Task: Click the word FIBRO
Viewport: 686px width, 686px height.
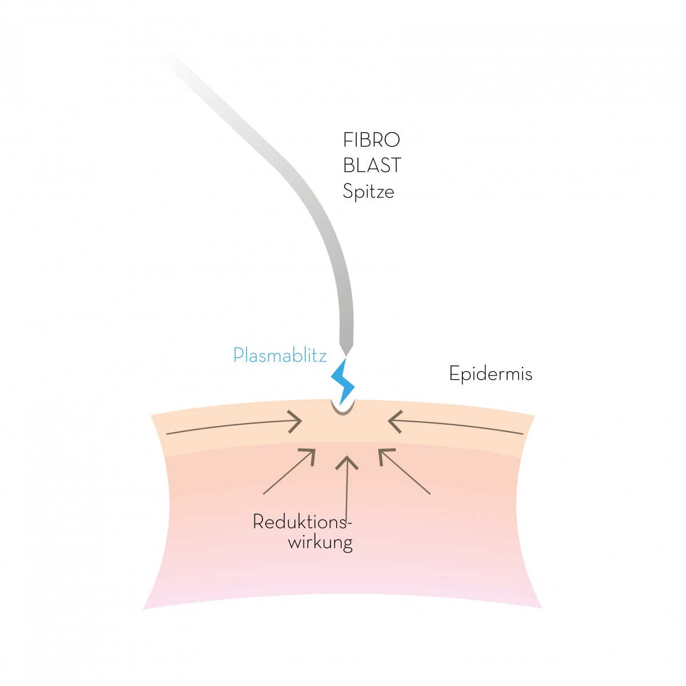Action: [372, 140]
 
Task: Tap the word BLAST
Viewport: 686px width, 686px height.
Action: [372, 166]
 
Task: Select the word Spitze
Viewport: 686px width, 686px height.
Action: [369, 192]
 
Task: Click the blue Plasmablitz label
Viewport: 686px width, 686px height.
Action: [280, 355]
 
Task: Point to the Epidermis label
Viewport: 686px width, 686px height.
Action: [490, 374]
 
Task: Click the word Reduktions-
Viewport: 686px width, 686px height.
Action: [302, 523]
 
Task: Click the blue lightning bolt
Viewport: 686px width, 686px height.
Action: [343, 381]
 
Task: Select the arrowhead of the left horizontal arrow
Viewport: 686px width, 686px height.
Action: [296, 422]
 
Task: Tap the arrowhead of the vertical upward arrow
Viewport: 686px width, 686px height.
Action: [347, 462]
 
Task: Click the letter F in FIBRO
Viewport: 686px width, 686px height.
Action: [348, 140]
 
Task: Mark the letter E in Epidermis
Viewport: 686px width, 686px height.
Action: [454, 373]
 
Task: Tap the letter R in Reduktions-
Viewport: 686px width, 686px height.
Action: [258, 523]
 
